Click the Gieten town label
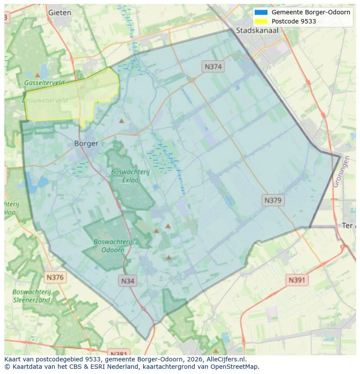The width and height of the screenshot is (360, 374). [60, 13]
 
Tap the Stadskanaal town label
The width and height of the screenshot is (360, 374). [257, 31]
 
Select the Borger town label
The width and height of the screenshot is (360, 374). [86, 143]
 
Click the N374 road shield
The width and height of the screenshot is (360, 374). [213, 66]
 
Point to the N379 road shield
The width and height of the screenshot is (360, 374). [273, 200]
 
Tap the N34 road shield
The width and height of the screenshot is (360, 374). [128, 281]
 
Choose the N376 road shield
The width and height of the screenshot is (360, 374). [55, 277]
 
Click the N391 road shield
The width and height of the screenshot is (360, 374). [297, 280]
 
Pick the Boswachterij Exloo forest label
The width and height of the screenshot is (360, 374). [130, 175]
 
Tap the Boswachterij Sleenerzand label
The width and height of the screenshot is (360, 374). [32, 296]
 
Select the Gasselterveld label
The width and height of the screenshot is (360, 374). [44, 83]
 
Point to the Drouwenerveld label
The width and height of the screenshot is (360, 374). [45, 100]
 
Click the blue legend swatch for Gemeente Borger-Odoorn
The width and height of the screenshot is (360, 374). [261, 12]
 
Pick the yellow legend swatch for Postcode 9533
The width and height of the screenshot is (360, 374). [261, 21]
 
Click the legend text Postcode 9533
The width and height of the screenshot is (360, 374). [293, 21]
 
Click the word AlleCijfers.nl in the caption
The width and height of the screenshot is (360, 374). [227, 359]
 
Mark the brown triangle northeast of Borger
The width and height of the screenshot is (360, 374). [122, 121]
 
